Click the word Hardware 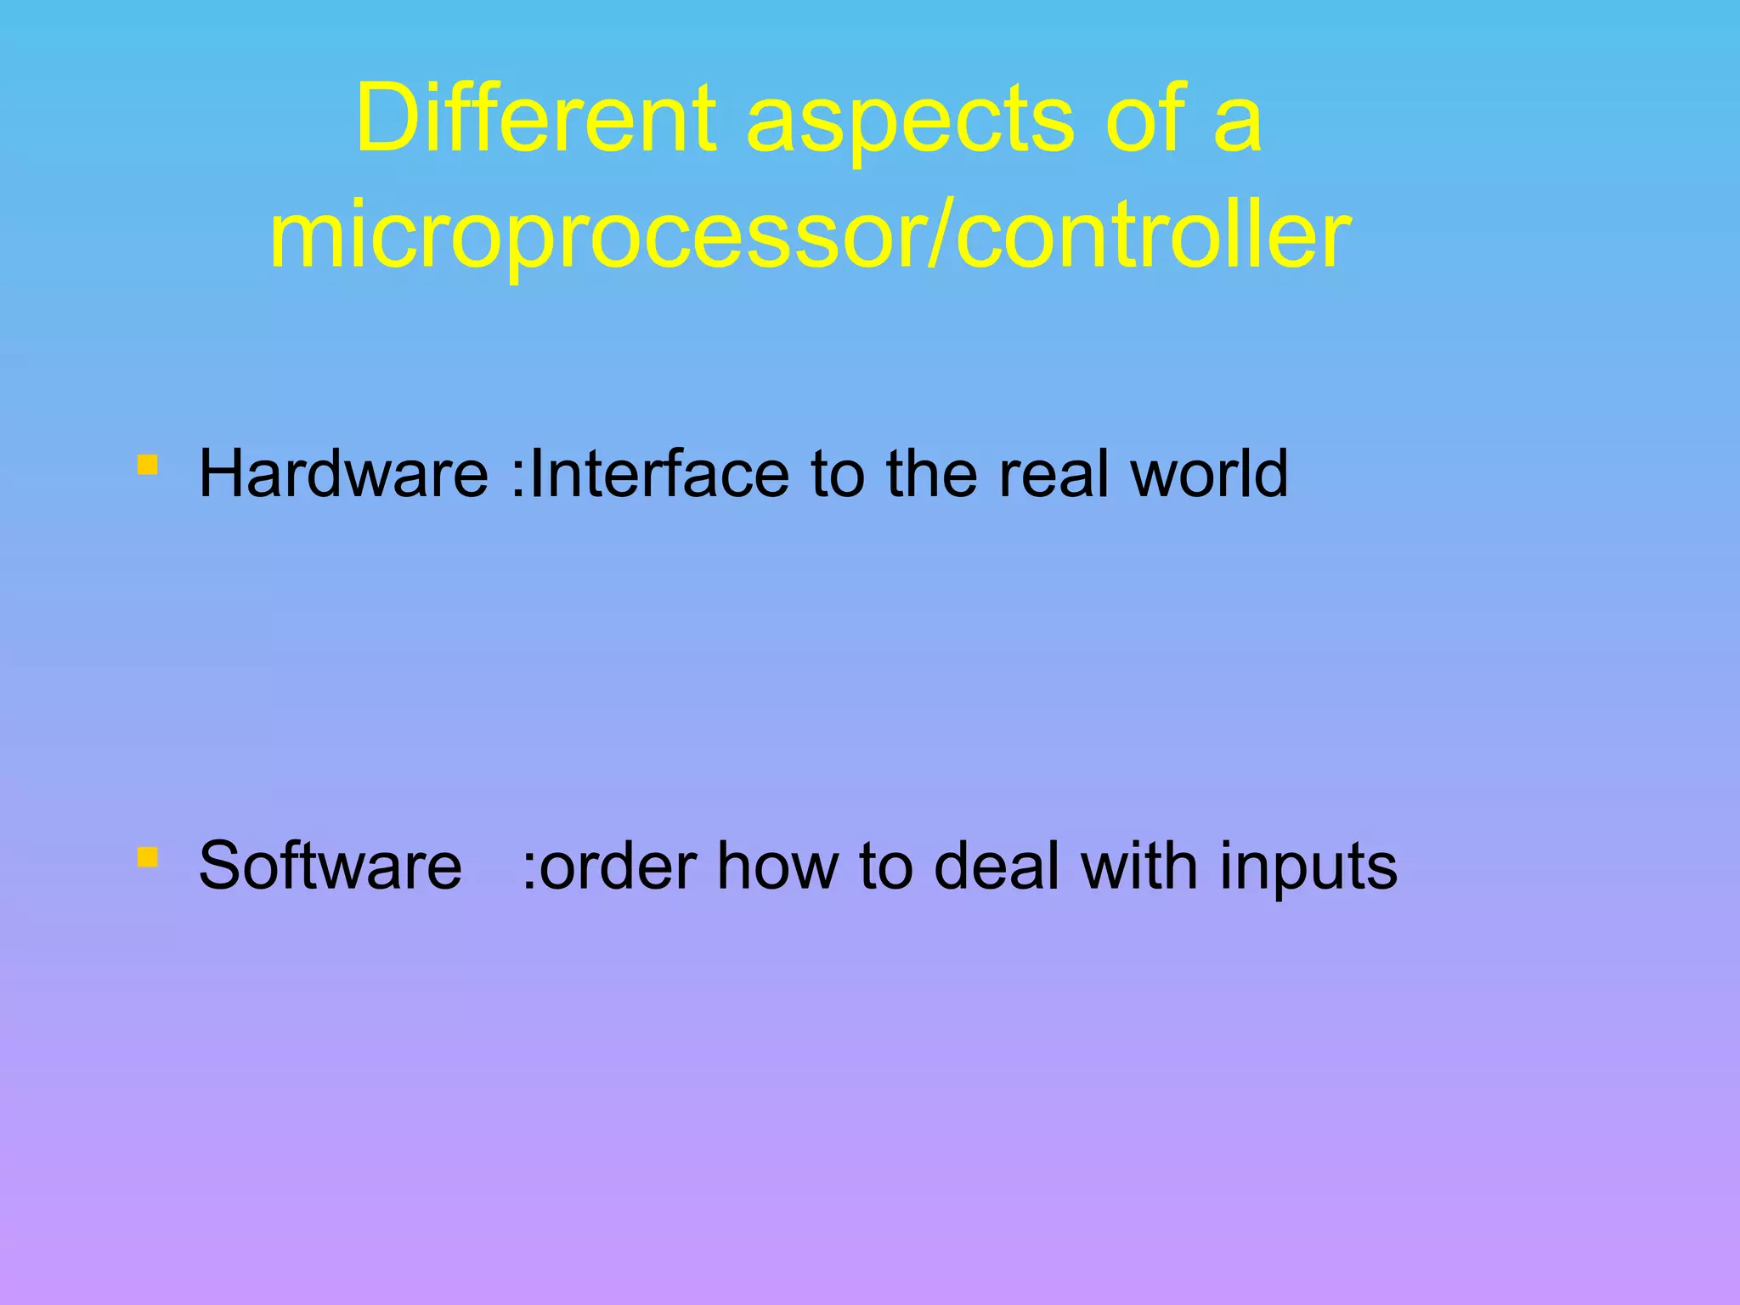(343, 473)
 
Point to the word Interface (659, 473)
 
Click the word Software (330, 866)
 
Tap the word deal (997, 866)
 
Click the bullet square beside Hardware (148, 466)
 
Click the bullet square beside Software (148, 856)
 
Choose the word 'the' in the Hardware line (932, 473)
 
